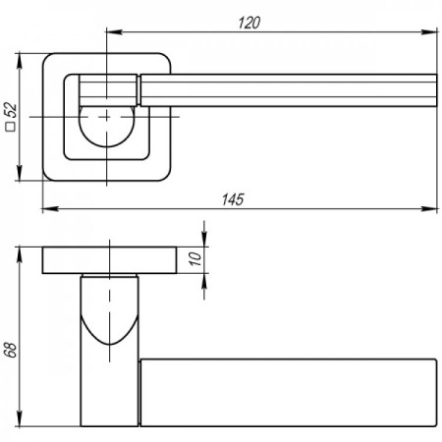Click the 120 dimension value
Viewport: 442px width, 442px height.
pos(249,23)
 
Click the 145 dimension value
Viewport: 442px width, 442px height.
pos(233,199)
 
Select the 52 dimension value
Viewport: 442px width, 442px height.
pos(11,110)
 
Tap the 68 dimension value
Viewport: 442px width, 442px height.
pos(11,350)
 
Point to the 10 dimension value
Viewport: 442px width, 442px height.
pos(195,258)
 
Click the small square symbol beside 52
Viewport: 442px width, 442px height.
pos(11,127)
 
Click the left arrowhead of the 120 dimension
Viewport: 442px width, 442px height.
pos(114,31)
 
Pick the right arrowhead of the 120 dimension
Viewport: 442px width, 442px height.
pos(429,31)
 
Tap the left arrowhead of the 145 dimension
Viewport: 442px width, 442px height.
pos(50,208)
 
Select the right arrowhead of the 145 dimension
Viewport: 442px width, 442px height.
pos(429,208)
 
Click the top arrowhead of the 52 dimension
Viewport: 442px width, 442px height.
pos(20,61)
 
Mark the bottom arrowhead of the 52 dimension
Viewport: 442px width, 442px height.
pos(20,173)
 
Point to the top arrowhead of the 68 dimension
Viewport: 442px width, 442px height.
pos(20,255)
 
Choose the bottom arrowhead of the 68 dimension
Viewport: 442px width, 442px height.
pos(20,418)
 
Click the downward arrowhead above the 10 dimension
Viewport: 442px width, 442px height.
pos(204,239)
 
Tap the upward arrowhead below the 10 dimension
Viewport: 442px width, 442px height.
pos(204,281)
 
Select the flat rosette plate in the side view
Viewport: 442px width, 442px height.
pos(109,260)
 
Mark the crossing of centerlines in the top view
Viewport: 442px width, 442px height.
pos(107,117)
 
